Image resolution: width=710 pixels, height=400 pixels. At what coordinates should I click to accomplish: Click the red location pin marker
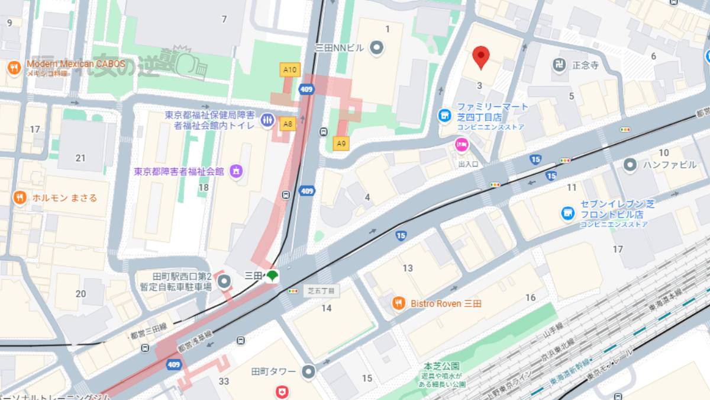coord(482,57)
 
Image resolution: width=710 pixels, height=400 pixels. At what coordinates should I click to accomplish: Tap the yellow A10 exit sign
coord(290,70)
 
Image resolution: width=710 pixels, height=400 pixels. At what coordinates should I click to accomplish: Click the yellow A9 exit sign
coord(341,143)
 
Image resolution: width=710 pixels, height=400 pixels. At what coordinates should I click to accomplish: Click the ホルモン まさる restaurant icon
coord(20,197)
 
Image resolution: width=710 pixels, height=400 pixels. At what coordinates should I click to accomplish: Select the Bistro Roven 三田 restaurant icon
coord(399,303)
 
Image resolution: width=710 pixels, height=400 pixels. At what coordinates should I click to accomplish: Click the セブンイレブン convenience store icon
coord(569,213)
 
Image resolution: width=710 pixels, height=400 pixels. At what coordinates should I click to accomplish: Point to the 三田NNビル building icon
coord(376,47)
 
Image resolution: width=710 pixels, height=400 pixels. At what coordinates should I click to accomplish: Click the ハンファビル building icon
coord(630,164)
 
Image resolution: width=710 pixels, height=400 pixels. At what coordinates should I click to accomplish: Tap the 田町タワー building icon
coord(309,372)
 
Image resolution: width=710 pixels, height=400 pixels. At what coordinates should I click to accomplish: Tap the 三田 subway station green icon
coord(272,276)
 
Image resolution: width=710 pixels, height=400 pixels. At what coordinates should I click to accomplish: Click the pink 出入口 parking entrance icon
coord(461,144)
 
